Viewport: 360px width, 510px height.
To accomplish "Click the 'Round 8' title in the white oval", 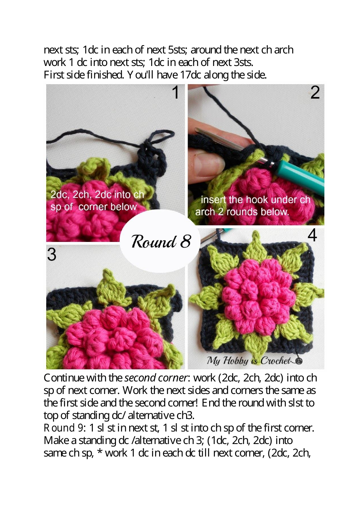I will coord(161,241).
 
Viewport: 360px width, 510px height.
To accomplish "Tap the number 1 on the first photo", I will coord(175,93).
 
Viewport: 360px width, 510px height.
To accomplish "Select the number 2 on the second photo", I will coord(315,93).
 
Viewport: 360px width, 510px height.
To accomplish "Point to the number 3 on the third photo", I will coord(52,254).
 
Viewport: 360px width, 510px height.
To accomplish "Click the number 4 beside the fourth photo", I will coord(312,235).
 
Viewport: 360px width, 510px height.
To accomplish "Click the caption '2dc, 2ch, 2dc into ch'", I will coord(97,195).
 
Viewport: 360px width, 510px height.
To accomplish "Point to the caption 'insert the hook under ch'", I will coord(255,200).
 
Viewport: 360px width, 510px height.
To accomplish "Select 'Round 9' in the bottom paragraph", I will coord(63,428).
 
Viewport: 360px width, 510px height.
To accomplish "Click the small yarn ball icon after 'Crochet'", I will coord(299,361).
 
